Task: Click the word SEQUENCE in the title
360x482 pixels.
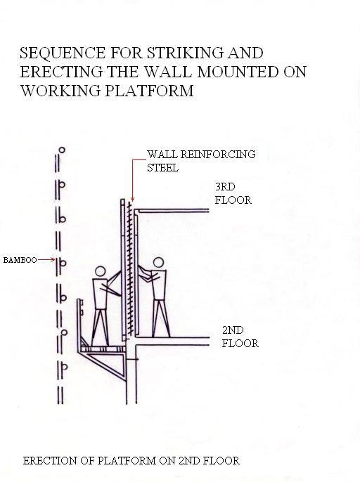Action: pos(63,53)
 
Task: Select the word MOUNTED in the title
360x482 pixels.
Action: pos(237,72)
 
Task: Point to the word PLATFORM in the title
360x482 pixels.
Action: pos(150,91)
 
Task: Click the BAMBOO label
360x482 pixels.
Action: pos(20,260)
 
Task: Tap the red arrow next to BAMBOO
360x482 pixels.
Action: pos(46,260)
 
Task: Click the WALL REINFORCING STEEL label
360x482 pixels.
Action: pos(201,161)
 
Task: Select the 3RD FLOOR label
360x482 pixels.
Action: pos(233,194)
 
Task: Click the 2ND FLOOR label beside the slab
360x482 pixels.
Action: pos(240,337)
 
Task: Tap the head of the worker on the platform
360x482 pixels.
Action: pos(101,272)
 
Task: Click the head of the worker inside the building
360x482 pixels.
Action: pos(157,263)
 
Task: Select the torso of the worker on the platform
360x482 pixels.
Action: pos(100,294)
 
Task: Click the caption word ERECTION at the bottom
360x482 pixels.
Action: pos(50,461)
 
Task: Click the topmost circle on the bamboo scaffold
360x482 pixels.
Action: pos(62,150)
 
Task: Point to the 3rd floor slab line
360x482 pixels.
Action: pos(172,211)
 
